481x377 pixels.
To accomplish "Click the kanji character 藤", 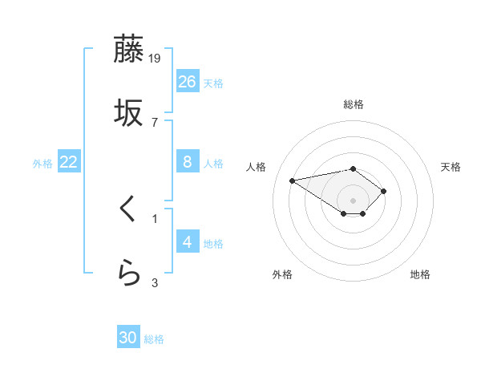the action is tap(129, 50).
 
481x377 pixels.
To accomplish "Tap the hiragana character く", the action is tap(129, 210).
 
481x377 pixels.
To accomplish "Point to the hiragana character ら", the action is tap(129, 274).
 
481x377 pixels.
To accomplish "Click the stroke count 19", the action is tap(156, 58).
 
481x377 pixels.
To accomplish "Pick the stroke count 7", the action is tap(155, 122).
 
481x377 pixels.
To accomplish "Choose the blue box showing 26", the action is tap(188, 81).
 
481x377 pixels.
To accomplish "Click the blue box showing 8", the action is tap(188, 162).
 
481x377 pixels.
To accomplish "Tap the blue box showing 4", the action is tap(188, 241).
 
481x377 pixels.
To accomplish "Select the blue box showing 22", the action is tap(69, 162).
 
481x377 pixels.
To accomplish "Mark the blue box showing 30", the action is tap(128, 338).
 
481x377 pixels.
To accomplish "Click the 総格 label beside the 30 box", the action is tap(154, 339).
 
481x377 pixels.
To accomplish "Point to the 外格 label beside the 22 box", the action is tap(42, 164).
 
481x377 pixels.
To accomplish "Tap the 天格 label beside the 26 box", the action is tap(213, 83).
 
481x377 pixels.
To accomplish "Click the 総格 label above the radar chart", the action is tap(353, 104).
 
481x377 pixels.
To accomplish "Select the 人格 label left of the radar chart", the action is tap(257, 167).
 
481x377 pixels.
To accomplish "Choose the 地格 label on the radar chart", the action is tap(420, 274).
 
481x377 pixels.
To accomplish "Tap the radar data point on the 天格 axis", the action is tap(384, 191).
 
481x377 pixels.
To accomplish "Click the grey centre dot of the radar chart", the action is tap(353, 201).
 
